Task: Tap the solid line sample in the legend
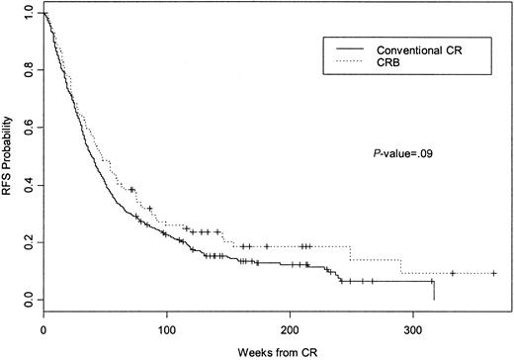346,48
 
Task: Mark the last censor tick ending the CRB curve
493,273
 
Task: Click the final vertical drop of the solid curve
434,291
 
